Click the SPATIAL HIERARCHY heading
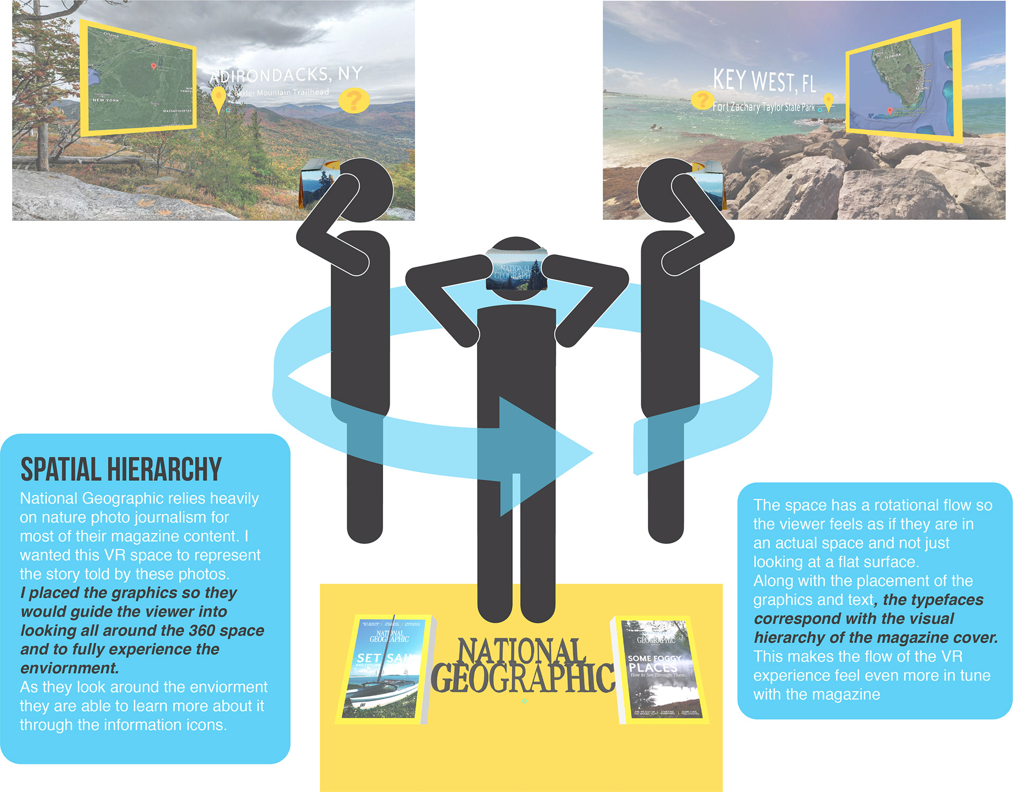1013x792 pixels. [121, 469]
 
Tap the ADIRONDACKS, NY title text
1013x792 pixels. [286, 75]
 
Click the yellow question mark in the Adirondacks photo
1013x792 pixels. [355, 100]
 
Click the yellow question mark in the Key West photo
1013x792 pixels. [702, 100]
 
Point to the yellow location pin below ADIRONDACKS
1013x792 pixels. [218, 98]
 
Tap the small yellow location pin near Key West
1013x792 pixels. [828, 101]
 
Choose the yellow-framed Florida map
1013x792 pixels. [904, 83]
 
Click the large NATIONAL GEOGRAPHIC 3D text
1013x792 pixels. [522, 665]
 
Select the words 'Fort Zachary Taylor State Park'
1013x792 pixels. [763, 107]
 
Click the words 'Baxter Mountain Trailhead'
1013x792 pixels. [282, 93]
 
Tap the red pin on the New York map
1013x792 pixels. [154, 66]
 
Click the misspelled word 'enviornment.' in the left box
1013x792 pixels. [70, 668]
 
